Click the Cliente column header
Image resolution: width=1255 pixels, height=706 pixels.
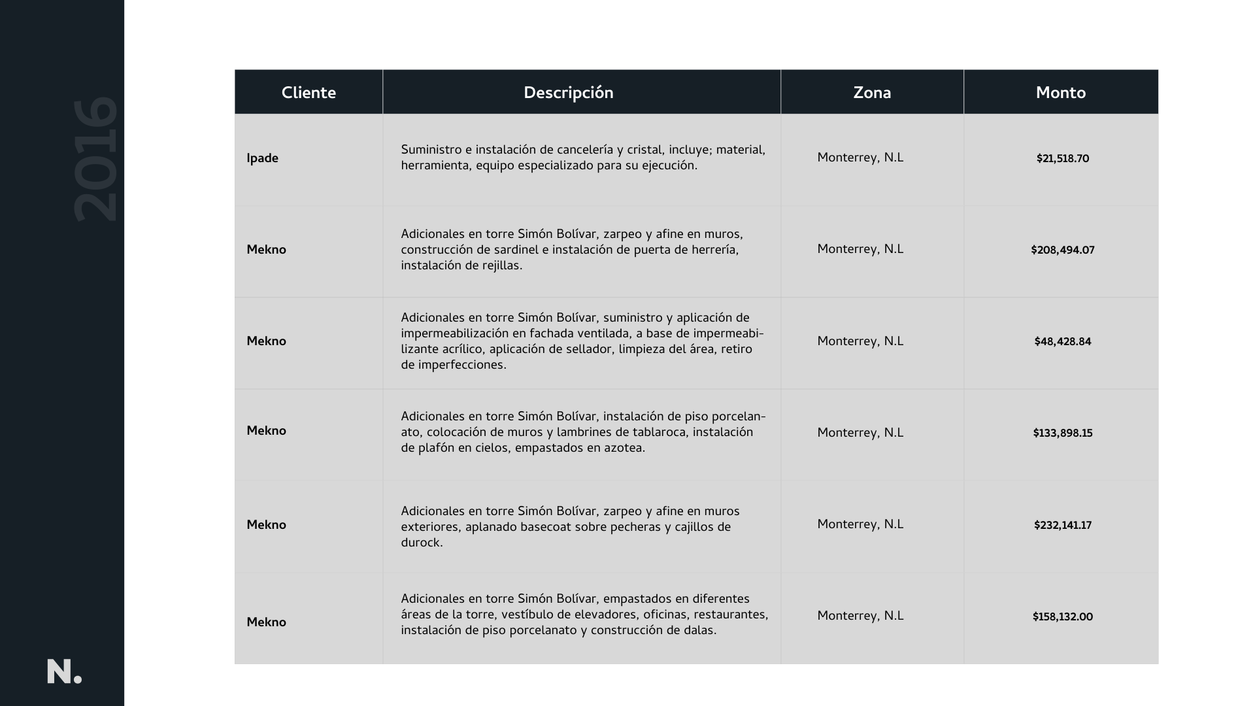[x=309, y=93]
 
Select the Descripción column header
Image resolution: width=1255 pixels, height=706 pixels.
[x=568, y=93]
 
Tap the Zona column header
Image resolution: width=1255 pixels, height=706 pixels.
[x=872, y=93]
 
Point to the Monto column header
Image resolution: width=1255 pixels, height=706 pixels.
[x=1060, y=93]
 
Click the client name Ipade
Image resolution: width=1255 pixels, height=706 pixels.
[x=262, y=159]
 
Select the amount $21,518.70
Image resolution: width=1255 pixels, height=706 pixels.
[x=1062, y=159]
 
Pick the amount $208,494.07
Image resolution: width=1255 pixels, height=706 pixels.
[x=1062, y=250]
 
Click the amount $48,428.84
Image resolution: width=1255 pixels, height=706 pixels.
[x=1062, y=342]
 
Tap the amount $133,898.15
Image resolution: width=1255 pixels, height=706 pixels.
[x=1062, y=433]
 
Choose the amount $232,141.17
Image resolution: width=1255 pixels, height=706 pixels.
[x=1062, y=526]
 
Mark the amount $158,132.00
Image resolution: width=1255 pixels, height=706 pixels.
[x=1062, y=617]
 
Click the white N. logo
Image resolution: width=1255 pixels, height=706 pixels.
[x=64, y=672]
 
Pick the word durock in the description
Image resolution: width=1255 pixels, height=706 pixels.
[x=421, y=543]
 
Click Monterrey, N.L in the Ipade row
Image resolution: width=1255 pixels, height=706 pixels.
[x=860, y=158]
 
